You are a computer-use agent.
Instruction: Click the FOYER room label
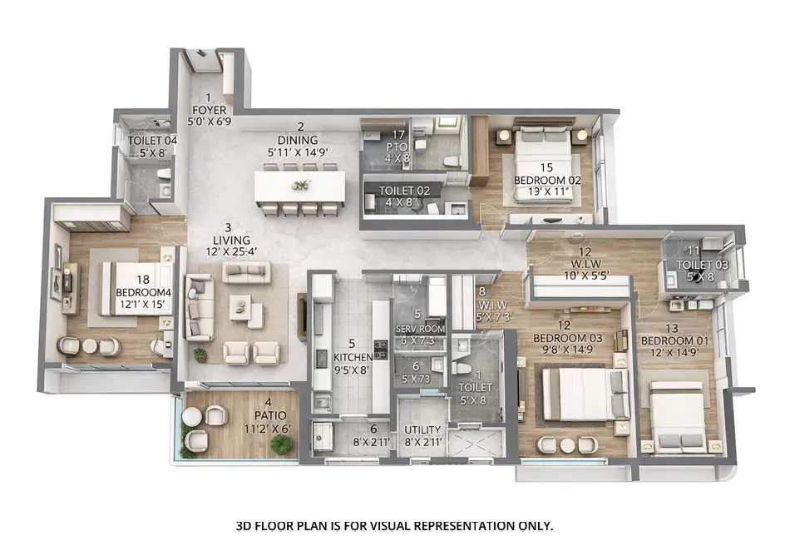tap(209, 109)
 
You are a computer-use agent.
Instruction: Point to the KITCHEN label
tap(352, 358)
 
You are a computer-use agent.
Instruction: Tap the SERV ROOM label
tap(420, 329)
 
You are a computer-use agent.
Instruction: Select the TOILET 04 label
tap(152, 141)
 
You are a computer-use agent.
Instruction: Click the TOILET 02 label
tap(405, 190)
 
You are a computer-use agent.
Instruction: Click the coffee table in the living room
tap(241, 310)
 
